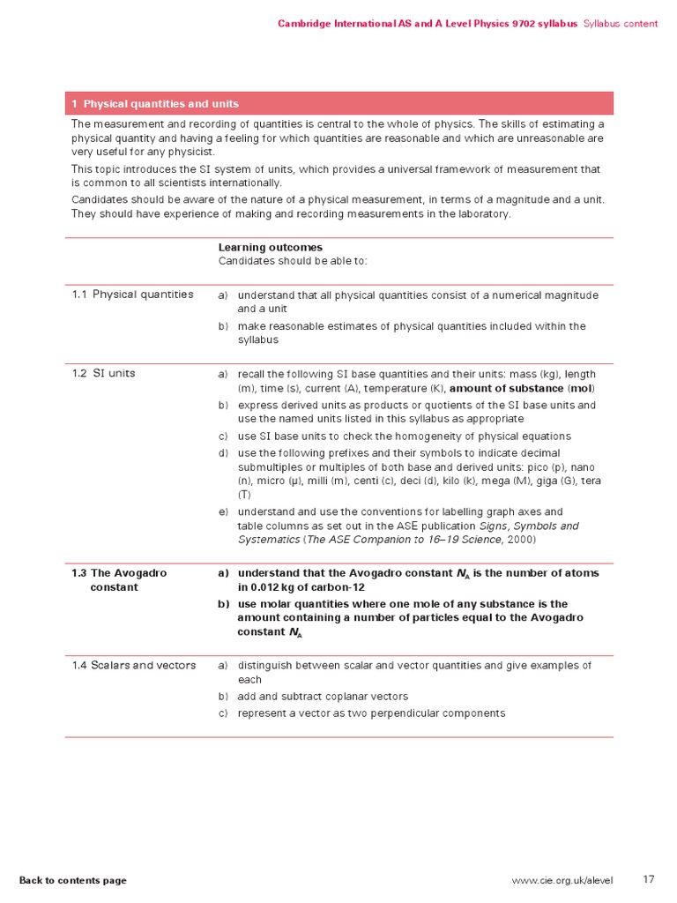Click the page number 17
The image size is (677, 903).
pyautogui.click(x=649, y=879)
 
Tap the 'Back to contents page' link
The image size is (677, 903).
pyautogui.click(x=73, y=880)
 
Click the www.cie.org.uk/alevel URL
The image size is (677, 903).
pyautogui.click(x=562, y=880)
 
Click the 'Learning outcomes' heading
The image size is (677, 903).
pyautogui.click(x=270, y=248)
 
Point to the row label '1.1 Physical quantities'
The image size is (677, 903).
pyautogui.click(x=132, y=295)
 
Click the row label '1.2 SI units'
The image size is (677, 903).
pyautogui.click(x=103, y=373)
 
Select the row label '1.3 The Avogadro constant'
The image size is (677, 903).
pyautogui.click(x=119, y=579)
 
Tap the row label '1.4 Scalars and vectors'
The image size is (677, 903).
pyautogui.click(x=133, y=665)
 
